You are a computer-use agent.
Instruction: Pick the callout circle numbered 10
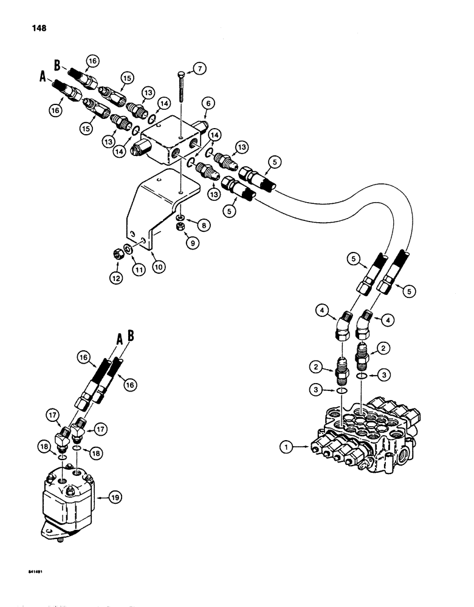tap(158, 266)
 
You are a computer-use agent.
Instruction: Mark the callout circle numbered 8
tap(202, 224)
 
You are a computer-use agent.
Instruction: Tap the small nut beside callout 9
tap(180, 226)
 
